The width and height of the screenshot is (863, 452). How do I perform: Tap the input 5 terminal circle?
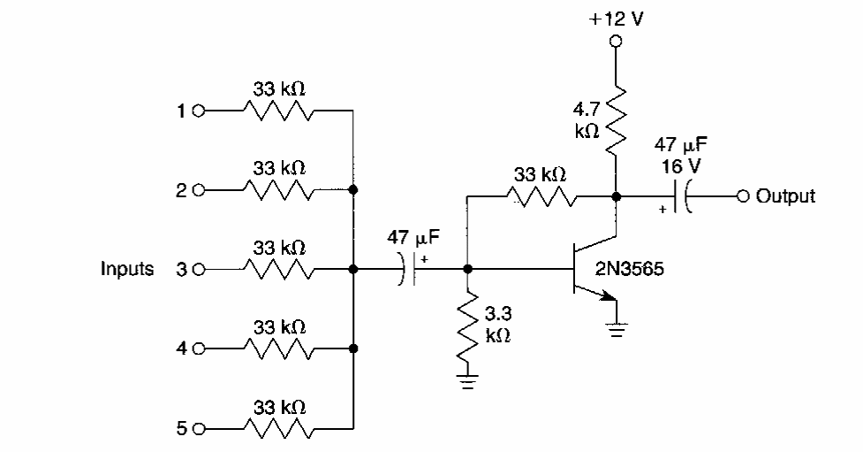(198, 430)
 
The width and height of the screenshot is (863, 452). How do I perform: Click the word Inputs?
(126, 269)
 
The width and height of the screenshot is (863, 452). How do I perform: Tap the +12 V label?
(616, 19)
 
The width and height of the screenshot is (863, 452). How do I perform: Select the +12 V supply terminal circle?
(616, 41)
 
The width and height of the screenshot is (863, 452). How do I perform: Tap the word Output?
(785, 195)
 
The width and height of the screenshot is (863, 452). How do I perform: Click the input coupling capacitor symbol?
(409, 269)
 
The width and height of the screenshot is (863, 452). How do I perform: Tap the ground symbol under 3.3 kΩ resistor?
(468, 383)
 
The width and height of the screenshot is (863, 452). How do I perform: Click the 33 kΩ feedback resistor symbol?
(540, 195)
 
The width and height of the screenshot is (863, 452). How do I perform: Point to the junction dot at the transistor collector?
(616, 195)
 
